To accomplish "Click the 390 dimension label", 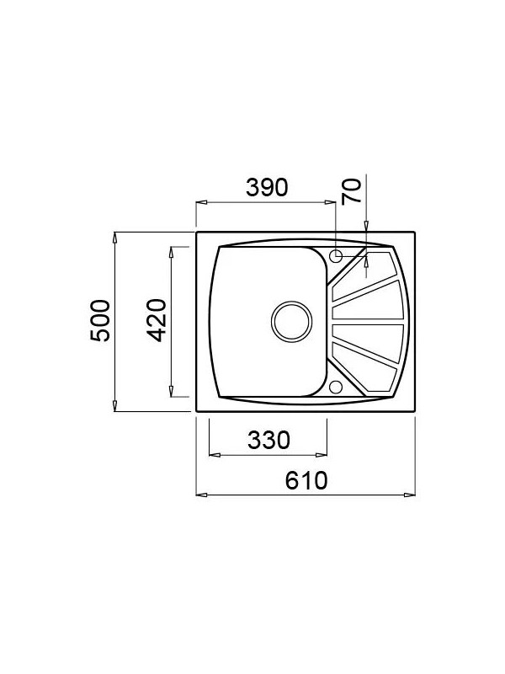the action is [266, 188].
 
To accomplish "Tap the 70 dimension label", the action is [351, 191].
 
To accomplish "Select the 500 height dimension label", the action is [100, 321].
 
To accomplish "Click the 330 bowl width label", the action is [268, 440].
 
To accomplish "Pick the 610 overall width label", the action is [306, 480].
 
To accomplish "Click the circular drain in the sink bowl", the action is [291, 322].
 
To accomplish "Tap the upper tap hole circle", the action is [336, 255].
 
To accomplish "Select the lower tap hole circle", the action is [336, 387].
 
